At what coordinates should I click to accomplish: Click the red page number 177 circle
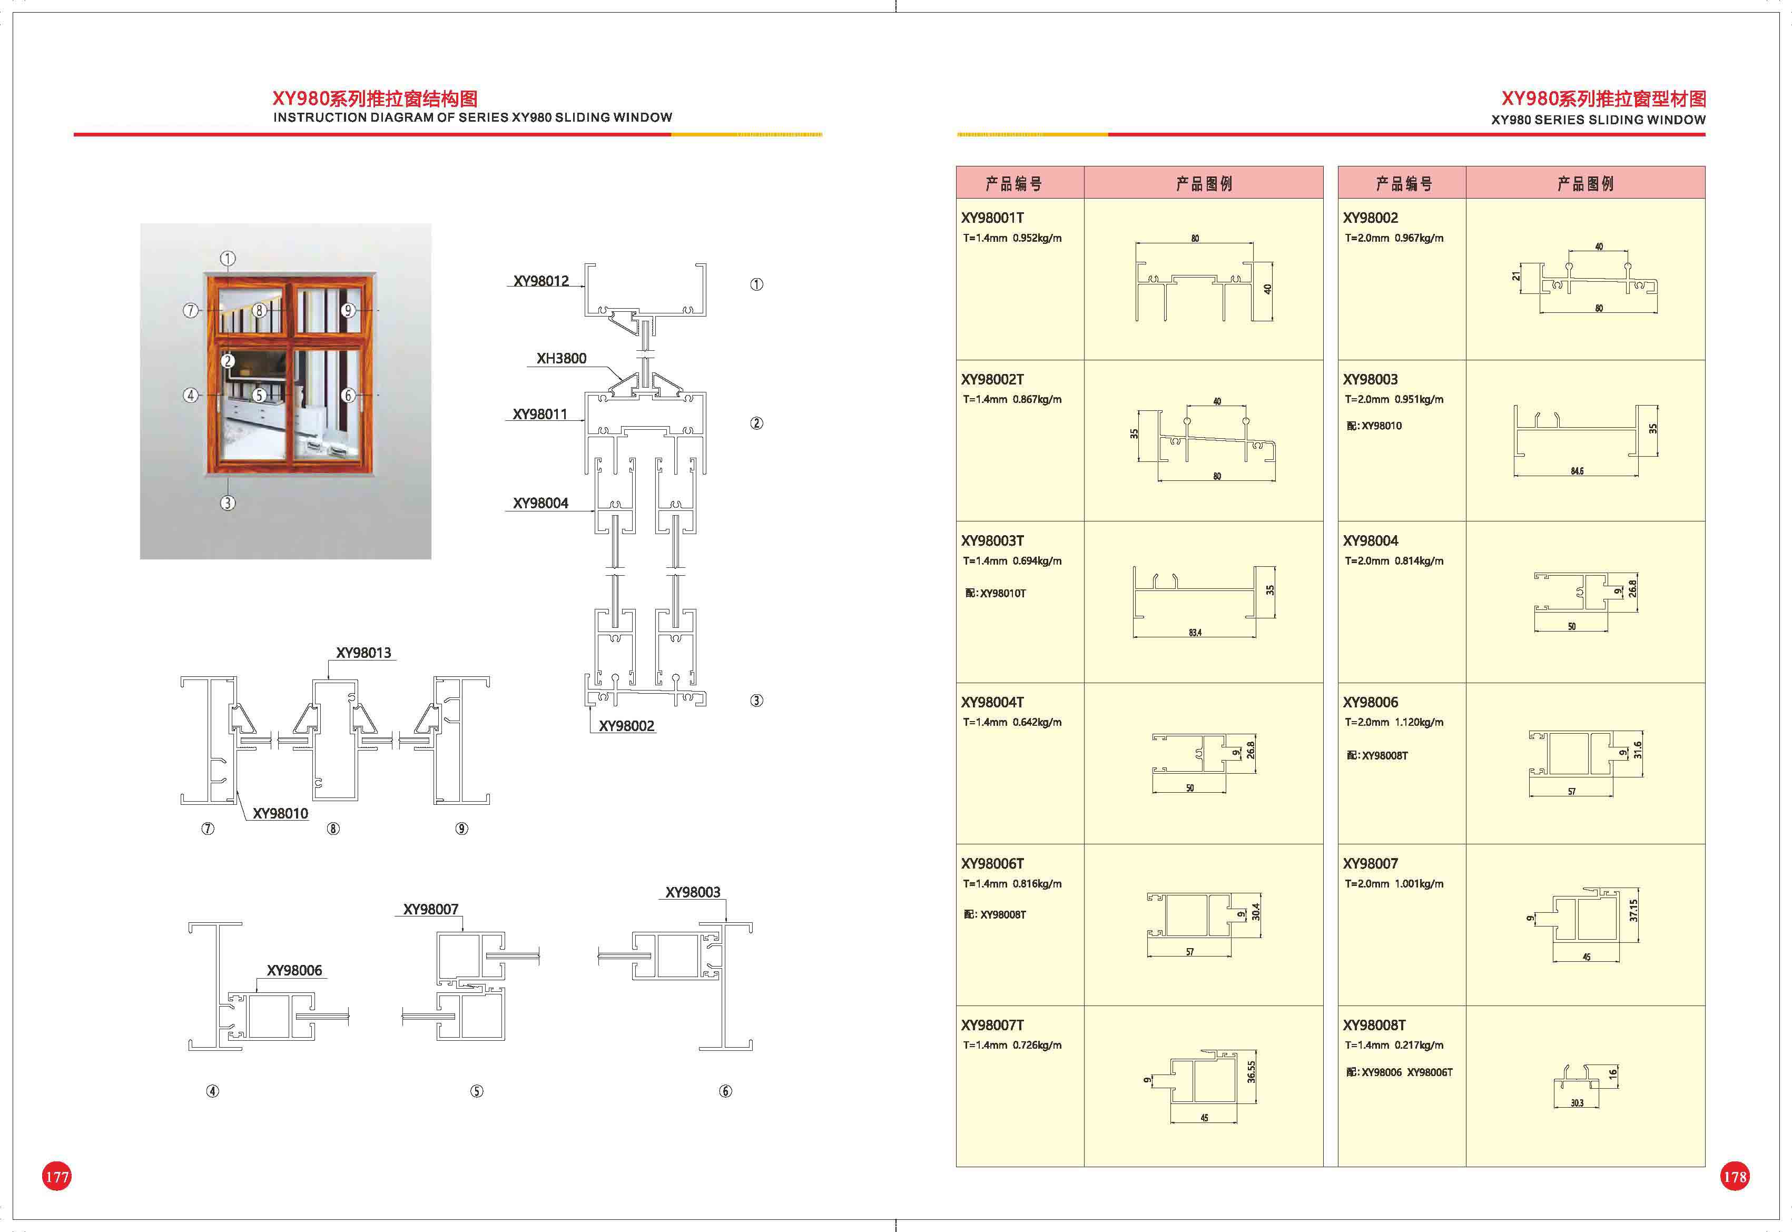tap(56, 1176)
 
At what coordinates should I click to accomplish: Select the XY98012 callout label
tap(541, 281)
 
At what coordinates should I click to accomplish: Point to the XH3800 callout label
tap(561, 358)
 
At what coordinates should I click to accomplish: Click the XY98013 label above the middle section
tap(363, 653)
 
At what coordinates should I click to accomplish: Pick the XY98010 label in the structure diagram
tap(280, 814)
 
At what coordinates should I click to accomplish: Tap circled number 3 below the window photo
tap(228, 502)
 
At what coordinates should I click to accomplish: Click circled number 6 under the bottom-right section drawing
tap(725, 1091)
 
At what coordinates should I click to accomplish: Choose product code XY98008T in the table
tap(1374, 1025)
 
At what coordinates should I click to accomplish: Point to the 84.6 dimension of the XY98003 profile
tap(1577, 471)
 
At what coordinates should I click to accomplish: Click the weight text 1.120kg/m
tap(1419, 723)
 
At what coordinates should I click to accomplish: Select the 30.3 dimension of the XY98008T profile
tap(1577, 1103)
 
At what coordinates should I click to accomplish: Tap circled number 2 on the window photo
tap(228, 360)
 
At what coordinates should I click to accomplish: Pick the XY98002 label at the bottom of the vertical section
tap(627, 726)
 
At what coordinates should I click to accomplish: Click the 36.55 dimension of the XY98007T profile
tap(1251, 1071)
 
